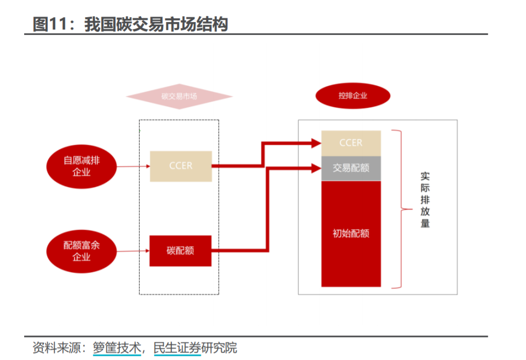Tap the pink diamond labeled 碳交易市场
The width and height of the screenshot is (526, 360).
[179, 97]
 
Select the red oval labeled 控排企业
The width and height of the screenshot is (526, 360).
[353, 96]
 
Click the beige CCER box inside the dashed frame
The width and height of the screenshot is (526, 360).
[180, 166]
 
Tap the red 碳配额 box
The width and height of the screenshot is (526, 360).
[180, 251]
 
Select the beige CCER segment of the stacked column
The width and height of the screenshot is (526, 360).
[351, 143]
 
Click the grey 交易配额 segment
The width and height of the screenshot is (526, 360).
[351, 168]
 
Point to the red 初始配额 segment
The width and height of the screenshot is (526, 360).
[351, 233]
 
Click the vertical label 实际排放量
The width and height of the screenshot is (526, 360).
[425, 200]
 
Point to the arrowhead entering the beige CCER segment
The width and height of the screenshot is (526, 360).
[316, 143]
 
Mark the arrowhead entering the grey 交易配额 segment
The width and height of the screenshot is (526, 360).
[316, 168]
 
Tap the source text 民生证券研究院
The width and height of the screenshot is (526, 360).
[195, 348]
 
